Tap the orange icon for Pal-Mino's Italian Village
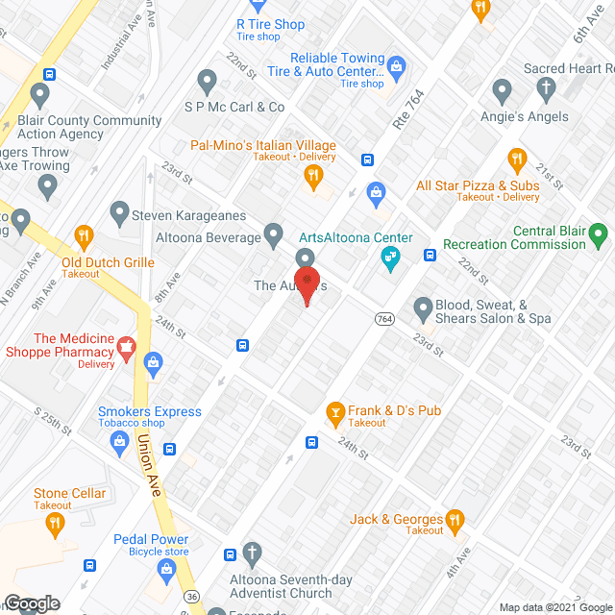[x=312, y=175]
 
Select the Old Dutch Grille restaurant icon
[x=84, y=234]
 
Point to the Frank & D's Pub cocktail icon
[x=335, y=411]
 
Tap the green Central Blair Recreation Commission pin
[x=599, y=233]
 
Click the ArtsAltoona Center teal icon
[x=390, y=257]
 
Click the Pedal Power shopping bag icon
[x=167, y=570]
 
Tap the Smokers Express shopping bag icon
[x=120, y=441]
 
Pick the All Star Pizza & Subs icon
[x=517, y=160]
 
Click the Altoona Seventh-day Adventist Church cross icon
[x=253, y=553]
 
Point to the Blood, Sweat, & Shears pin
[x=423, y=308]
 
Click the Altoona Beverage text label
[x=209, y=237]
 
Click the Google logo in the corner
[x=31, y=603]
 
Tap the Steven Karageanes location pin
[x=119, y=211]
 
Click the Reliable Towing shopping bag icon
[x=397, y=65]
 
